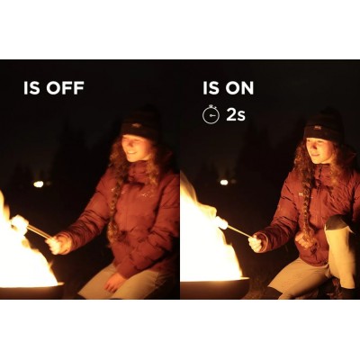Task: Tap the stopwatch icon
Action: (211, 114)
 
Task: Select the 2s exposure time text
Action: (236, 115)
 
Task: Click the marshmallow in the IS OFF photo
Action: (20, 223)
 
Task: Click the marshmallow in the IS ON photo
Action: (222, 222)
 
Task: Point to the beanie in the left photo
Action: (140, 122)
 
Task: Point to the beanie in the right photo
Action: (323, 124)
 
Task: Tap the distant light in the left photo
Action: (39, 184)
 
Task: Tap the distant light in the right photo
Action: (224, 182)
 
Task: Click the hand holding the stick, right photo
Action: (256, 242)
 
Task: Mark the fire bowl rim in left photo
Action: (31, 286)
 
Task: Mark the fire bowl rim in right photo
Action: (215, 281)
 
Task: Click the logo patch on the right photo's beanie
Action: (316, 129)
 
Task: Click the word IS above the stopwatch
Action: (209, 88)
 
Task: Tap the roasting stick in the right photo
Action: (239, 231)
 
